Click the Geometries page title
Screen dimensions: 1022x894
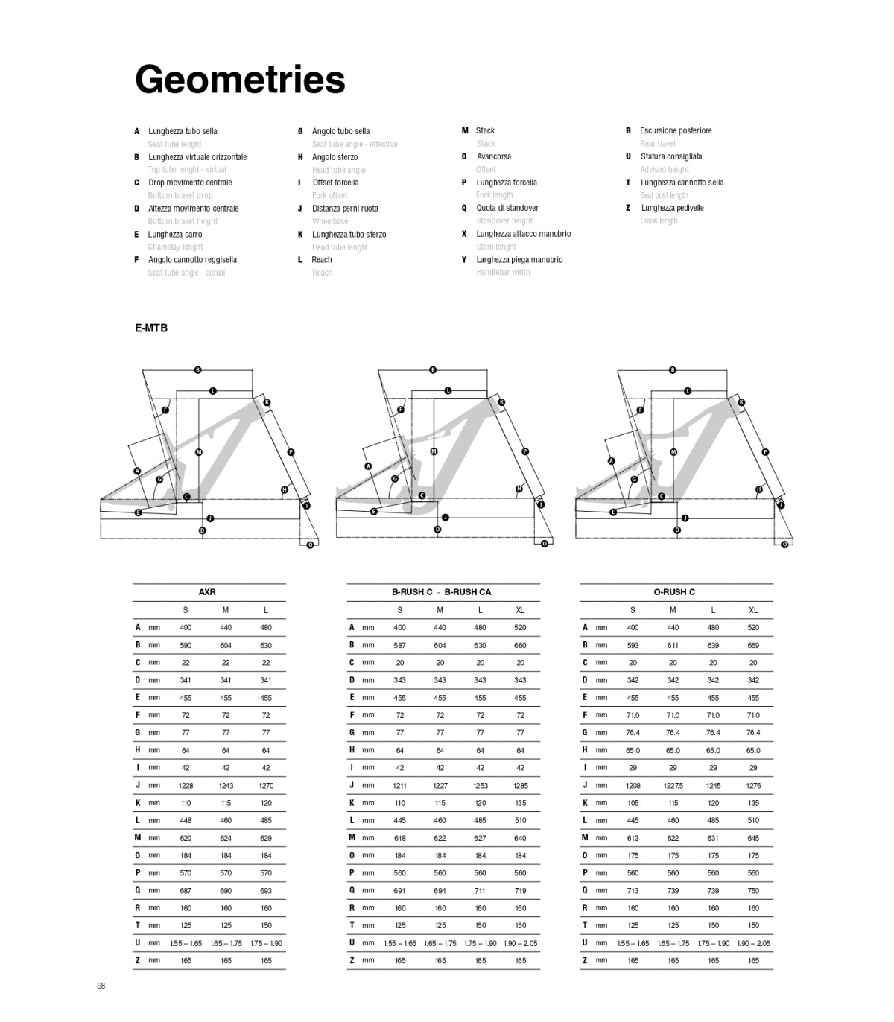click(240, 80)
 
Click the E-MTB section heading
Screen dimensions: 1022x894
click(151, 328)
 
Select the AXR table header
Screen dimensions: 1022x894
click(207, 592)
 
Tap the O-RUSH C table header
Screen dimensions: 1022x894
click(674, 592)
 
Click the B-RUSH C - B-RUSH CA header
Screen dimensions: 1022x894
click(442, 592)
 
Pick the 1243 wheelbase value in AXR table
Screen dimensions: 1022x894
click(226, 785)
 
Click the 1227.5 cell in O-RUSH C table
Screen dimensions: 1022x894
click(673, 785)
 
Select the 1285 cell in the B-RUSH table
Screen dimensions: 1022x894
click(520, 785)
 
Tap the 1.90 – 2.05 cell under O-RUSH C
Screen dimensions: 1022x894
click(753, 943)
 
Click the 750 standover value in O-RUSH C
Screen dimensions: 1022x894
click(753, 890)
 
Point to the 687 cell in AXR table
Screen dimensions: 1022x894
click(186, 890)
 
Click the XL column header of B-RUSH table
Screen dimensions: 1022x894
click(520, 610)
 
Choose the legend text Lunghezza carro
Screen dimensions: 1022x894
click(175, 234)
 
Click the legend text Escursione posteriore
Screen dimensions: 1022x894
click(676, 130)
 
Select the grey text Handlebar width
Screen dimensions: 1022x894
click(504, 272)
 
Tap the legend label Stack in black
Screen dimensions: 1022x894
click(486, 130)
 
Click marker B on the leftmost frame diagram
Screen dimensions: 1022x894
click(197, 370)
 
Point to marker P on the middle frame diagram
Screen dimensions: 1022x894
click(525, 451)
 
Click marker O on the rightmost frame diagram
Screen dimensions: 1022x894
click(784, 544)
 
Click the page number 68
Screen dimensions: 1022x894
click(101, 986)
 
